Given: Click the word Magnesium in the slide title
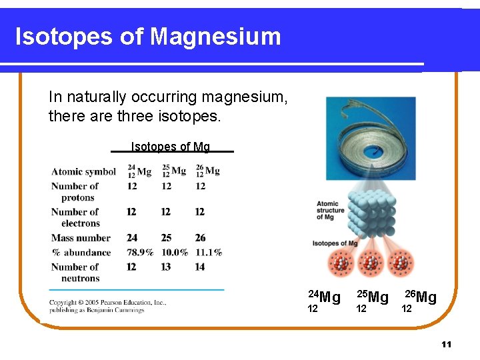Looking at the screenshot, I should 216,36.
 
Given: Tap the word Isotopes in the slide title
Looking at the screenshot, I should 63,36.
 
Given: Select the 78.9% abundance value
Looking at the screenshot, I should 140,253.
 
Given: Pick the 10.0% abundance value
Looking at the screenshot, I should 175,253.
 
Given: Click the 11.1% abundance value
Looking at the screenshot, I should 208,253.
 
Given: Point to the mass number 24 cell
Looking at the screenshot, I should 132,238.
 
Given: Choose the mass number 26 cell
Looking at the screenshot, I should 201,238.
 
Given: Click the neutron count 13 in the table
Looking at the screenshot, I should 165,267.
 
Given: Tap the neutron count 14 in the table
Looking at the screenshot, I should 200,267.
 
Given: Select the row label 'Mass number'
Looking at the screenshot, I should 81,238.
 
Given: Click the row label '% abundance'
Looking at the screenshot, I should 81,253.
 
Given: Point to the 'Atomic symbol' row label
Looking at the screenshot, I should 83,172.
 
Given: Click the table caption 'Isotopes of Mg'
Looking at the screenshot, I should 170,147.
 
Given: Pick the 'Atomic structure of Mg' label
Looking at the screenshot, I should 331,211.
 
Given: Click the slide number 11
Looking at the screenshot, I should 446,344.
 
